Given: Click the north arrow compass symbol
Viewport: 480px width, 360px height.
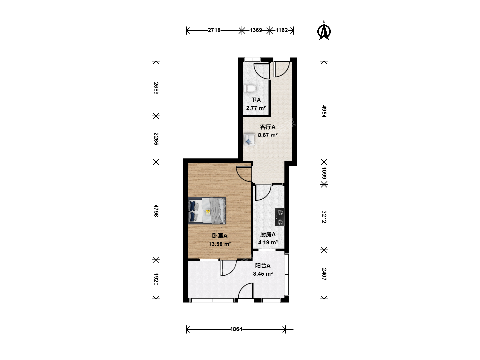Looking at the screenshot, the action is click(324, 31).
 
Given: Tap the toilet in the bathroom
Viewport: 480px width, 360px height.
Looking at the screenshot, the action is click(250, 89).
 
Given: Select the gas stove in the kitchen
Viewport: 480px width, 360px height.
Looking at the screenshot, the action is click(280, 217).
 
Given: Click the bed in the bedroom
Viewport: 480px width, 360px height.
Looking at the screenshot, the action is click(207, 211).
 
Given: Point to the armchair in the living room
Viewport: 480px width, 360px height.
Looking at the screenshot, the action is click(249, 139).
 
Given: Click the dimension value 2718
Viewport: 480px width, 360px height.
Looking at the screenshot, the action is click(214, 30).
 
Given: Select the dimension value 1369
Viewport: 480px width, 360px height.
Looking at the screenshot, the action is click(256, 30).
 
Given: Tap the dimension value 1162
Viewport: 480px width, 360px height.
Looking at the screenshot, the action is click(281, 30).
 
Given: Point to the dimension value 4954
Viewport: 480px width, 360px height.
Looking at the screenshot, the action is click(324, 111).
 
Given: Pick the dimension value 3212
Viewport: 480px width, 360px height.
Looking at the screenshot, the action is click(324, 217).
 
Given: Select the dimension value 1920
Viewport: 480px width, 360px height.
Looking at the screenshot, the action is click(156, 279).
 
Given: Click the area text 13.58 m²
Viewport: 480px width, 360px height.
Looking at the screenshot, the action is click(220, 244).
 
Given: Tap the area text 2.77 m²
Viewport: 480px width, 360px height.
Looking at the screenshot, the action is click(256, 108).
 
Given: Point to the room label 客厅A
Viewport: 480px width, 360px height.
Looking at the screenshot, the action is click(268, 127).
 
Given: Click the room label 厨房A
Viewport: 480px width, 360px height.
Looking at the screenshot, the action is click(268, 234).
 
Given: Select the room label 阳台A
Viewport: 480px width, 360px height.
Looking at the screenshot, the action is click(263, 266).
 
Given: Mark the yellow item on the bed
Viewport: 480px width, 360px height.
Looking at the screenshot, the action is click(208, 211).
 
